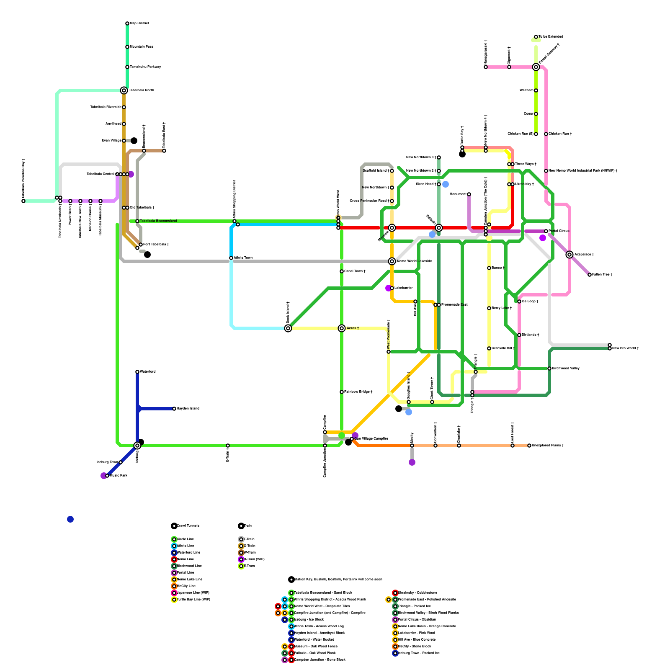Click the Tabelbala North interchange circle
pyautogui.click(x=124, y=90)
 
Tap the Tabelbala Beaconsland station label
pyautogui.click(x=158, y=221)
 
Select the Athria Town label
pyautogui.click(x=243, y=258)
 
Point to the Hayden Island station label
pyautogui.click(x=188, y=408)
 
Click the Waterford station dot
pyautogui.click(x=137, y=372)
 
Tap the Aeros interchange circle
pyautogui.click(x=342, y=328)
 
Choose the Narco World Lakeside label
pyautogui.click(x=414, y=261)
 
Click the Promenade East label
pyautogui.click(x=454, y=304)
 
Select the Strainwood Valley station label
pyautogui.click(x=566, y=368)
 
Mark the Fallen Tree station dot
pyautogui.click(x=590, y=275)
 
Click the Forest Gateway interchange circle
pyautogui.click(x=536, y=67)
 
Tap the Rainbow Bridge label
pyautogui.click(x=358, y=392)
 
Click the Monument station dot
pyautogui.click(x=469, y=194)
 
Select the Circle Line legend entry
pyautogui.click(x=185, y=539)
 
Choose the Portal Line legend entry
pyautogui.click(x=185, y=572)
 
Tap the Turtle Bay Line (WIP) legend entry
pyautogui.click(x=193, y=599)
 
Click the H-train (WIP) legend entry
pyautogui.click(x=254, y=559)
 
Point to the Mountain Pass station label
pyautogui.click(x=142, y=46)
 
